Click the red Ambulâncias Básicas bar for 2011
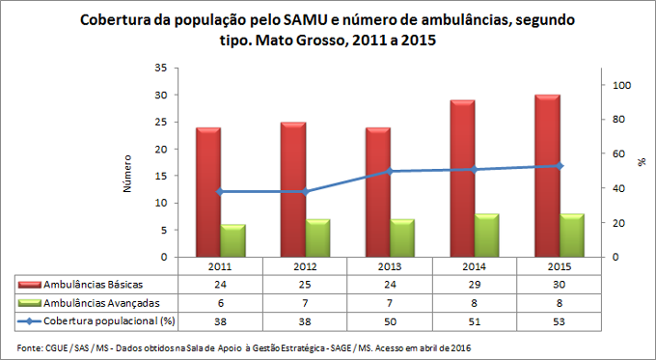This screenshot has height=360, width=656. click(x=208, y=193)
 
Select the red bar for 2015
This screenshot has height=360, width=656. click(x=547, y=177)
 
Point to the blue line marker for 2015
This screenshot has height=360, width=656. click(x=559, y=166)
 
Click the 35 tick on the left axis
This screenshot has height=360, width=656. click(x=160, y=68)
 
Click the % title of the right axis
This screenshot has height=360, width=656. click(x=641, y=163)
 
